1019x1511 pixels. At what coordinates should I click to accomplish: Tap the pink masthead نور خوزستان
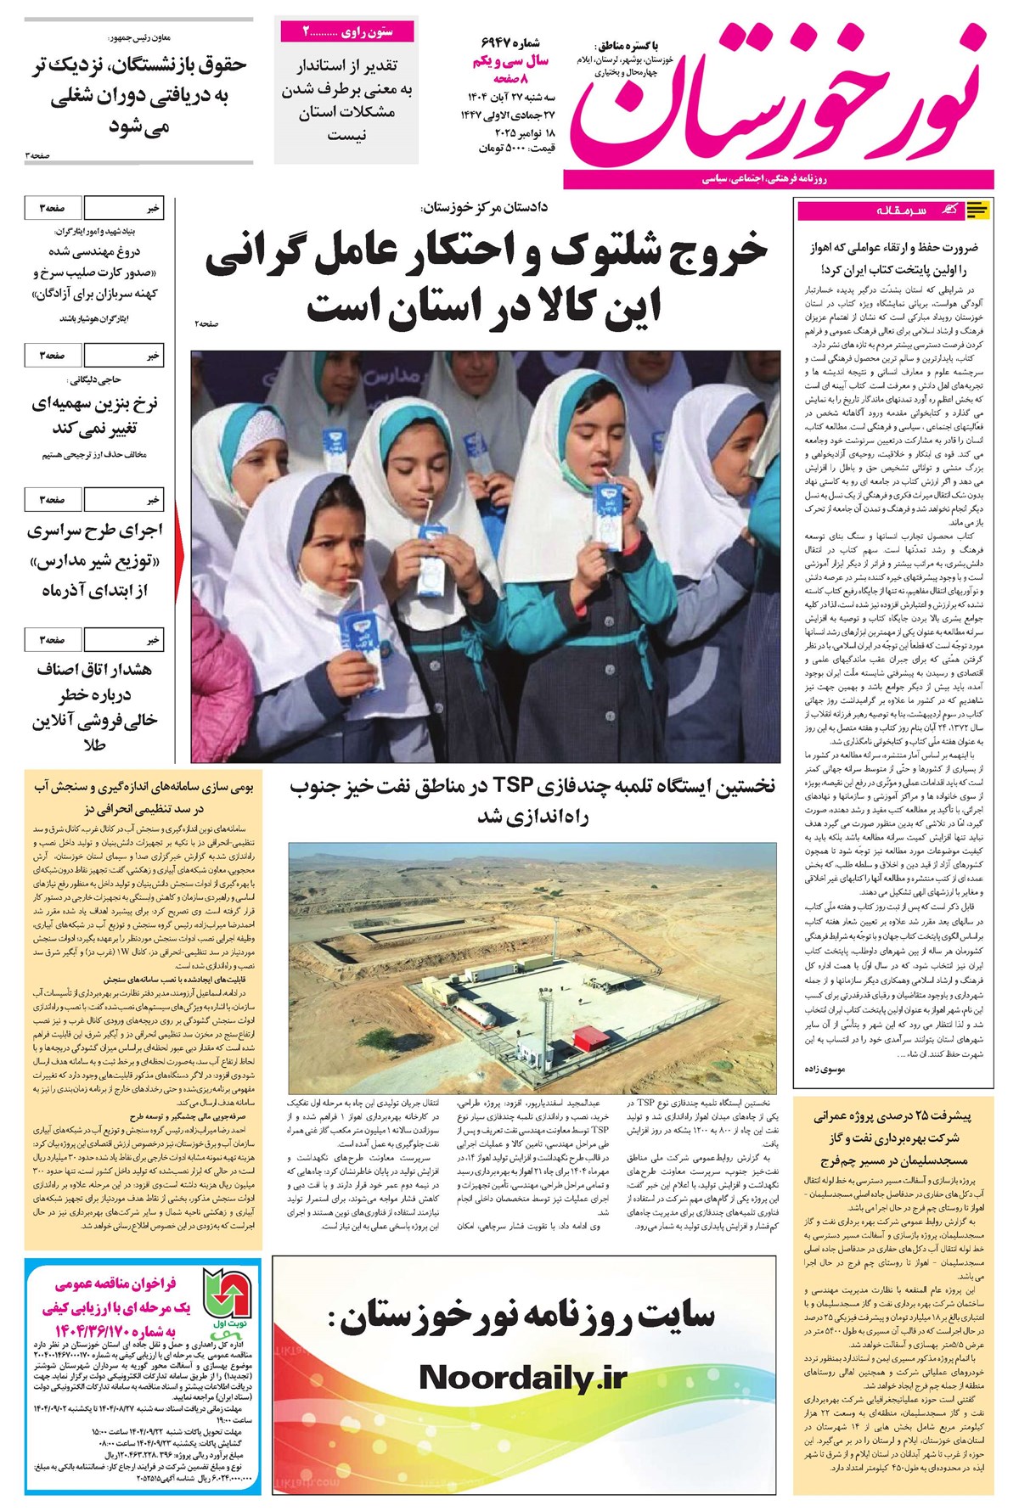(x=777, y=93)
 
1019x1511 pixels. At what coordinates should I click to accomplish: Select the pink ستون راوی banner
(x=347, y=32)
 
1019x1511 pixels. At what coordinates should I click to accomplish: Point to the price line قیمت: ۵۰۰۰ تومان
(x=515, y=149)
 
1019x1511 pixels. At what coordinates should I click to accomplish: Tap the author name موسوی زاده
(x=824, y=1070)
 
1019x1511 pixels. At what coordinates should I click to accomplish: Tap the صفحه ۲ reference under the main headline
(x=205, y=323)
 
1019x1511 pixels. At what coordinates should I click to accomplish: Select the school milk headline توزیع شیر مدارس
(x=95, y=560)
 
